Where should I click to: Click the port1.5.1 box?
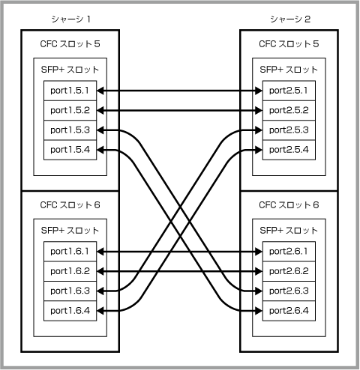(70, 91)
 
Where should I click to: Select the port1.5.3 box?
(70, 130)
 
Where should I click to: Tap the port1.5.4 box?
(70, 150)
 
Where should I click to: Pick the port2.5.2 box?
(289, 110)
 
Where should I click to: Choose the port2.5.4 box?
(289, 150)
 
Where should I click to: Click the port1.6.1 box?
(70, 252)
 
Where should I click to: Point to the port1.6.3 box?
(70, 291)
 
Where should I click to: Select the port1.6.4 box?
(70, 311)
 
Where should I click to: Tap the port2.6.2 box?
(289, 271)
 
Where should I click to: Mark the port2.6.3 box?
(289, 291)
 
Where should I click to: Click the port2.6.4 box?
(289, 311)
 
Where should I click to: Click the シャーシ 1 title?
(70, 19)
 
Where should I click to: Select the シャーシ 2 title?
(290, 19)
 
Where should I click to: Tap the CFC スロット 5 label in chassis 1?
(70, 44)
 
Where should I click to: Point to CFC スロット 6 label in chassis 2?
(289, 205)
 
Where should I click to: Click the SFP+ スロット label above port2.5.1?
(289, 70)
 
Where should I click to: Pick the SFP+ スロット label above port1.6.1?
(70, 231)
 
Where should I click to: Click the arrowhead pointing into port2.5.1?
(259, 91)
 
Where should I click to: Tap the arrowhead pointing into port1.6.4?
(100, 311)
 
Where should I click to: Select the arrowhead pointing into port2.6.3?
(259, 291)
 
